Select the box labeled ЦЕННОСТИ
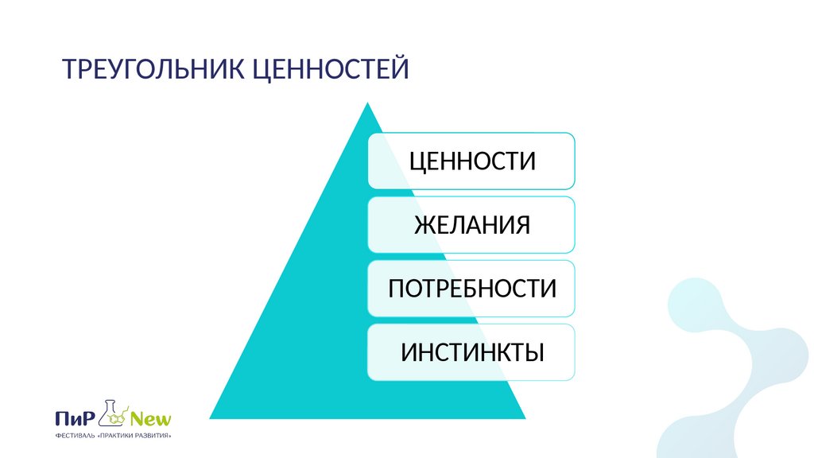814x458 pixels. click(471, 161)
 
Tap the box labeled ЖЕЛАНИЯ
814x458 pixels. click(471, 224)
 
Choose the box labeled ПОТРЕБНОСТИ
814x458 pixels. click(471, 288)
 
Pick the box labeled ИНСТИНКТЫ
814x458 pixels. click(471, 351)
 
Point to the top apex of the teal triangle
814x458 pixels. click(367, 103)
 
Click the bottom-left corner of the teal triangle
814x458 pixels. click(211, 417)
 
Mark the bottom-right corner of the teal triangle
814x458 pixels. click(525, 417)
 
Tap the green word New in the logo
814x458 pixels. click(151, 419)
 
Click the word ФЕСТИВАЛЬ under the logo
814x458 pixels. click(74, 437)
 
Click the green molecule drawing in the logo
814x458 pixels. click(119, 418)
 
